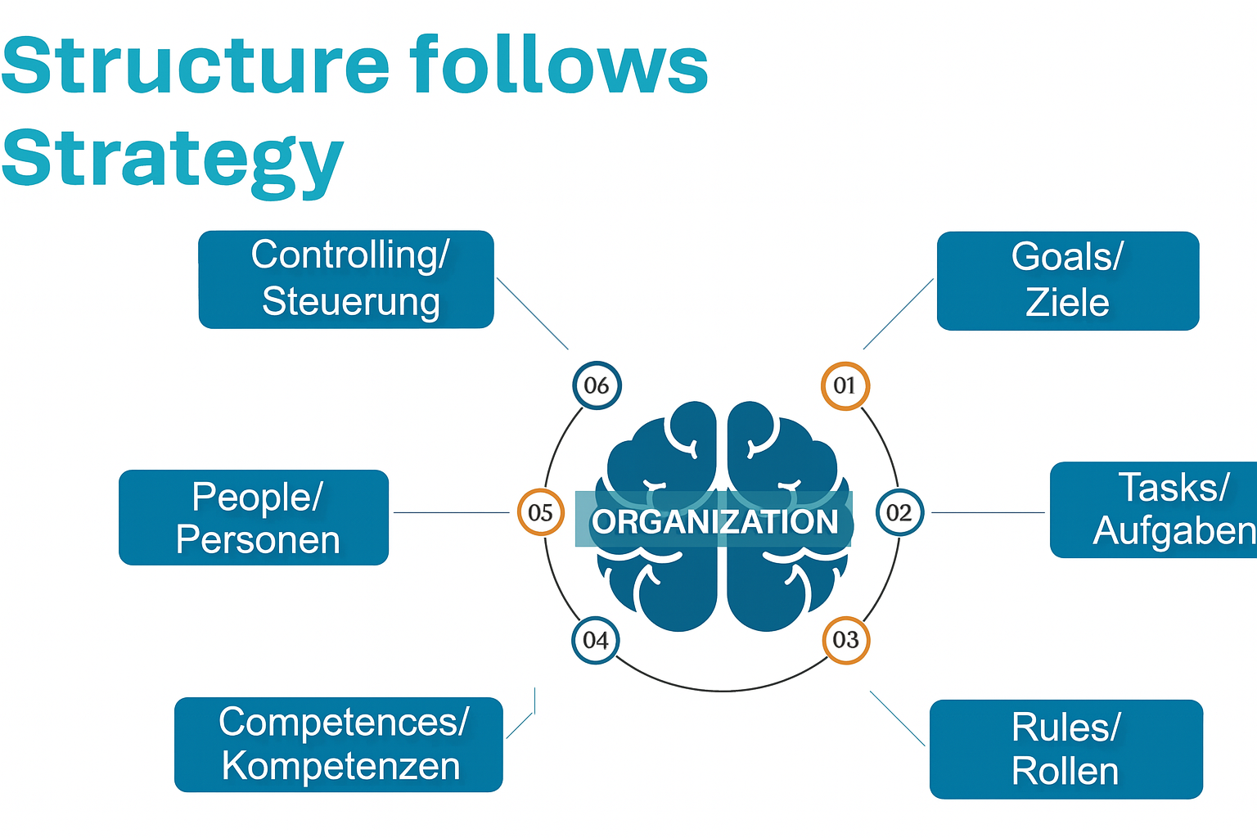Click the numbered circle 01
pos(845,385)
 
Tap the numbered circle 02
pos(899,512)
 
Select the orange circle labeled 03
pos(846,640)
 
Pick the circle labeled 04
pos(596,640)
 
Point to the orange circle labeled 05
pos(540,512)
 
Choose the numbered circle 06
pos(597,385)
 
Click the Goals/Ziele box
pos(1068,281)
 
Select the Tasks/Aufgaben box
pos(1154,510)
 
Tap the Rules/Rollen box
pos(1066,749)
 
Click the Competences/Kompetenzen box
pos(338,744)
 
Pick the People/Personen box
pos(254,517)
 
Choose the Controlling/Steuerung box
pos(346,280)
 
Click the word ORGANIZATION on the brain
pos(715,522)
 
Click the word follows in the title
pos(559,65)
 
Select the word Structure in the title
pos(195,65)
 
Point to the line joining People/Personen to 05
pos(451,512)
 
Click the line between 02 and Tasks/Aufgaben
pos(989,512)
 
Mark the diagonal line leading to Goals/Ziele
pos(899,313)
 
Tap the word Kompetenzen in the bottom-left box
pos(340,766)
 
